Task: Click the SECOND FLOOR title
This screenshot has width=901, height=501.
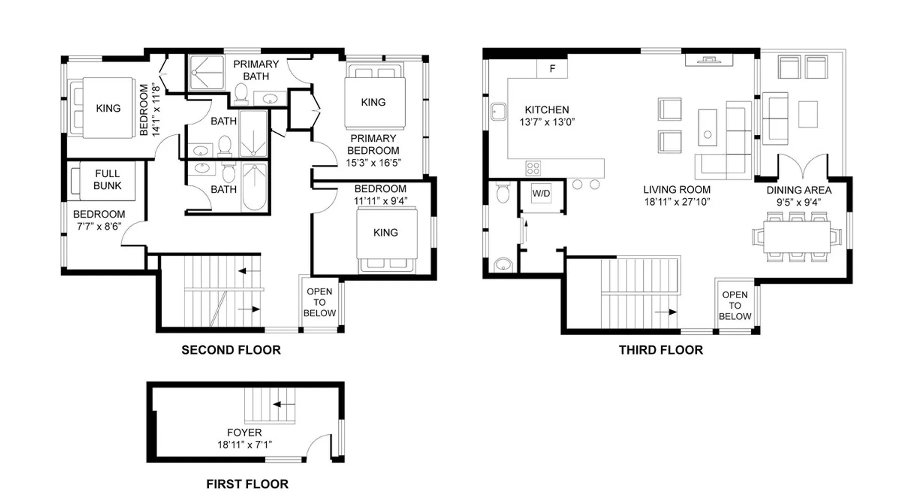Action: tap(231, 350)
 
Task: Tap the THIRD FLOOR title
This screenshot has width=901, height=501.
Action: tap(661, 350)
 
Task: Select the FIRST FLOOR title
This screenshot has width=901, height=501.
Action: tap(247, 484)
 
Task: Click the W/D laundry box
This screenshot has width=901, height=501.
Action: tap(541, 193)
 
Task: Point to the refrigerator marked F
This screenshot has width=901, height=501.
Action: tap(552, 68)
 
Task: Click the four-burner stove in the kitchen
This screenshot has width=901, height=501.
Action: tap(533, 168)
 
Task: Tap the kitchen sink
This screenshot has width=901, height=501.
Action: tap(499, 112)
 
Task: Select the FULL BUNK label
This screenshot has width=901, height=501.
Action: tap(107, 179)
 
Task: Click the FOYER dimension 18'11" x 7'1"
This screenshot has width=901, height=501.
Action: tap(245, 444)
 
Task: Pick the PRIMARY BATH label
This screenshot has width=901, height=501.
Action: tap(256, 70)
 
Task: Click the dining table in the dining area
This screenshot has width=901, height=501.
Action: tap(797, 236)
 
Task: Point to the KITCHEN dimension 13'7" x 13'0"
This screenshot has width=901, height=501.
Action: tap(547, 122)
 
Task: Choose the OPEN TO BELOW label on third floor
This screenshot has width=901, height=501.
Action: tap(735, 306)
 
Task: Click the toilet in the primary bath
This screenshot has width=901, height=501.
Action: tap(241, 94)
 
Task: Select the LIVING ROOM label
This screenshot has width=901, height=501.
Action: tap(677, 189)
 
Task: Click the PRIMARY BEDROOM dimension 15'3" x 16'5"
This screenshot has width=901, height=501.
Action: tap(373, 162)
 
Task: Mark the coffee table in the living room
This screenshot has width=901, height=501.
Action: tap(707, 127)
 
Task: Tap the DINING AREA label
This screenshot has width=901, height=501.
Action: tap(799, 190)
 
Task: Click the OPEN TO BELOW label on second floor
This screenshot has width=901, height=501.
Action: tap(319, 302)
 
